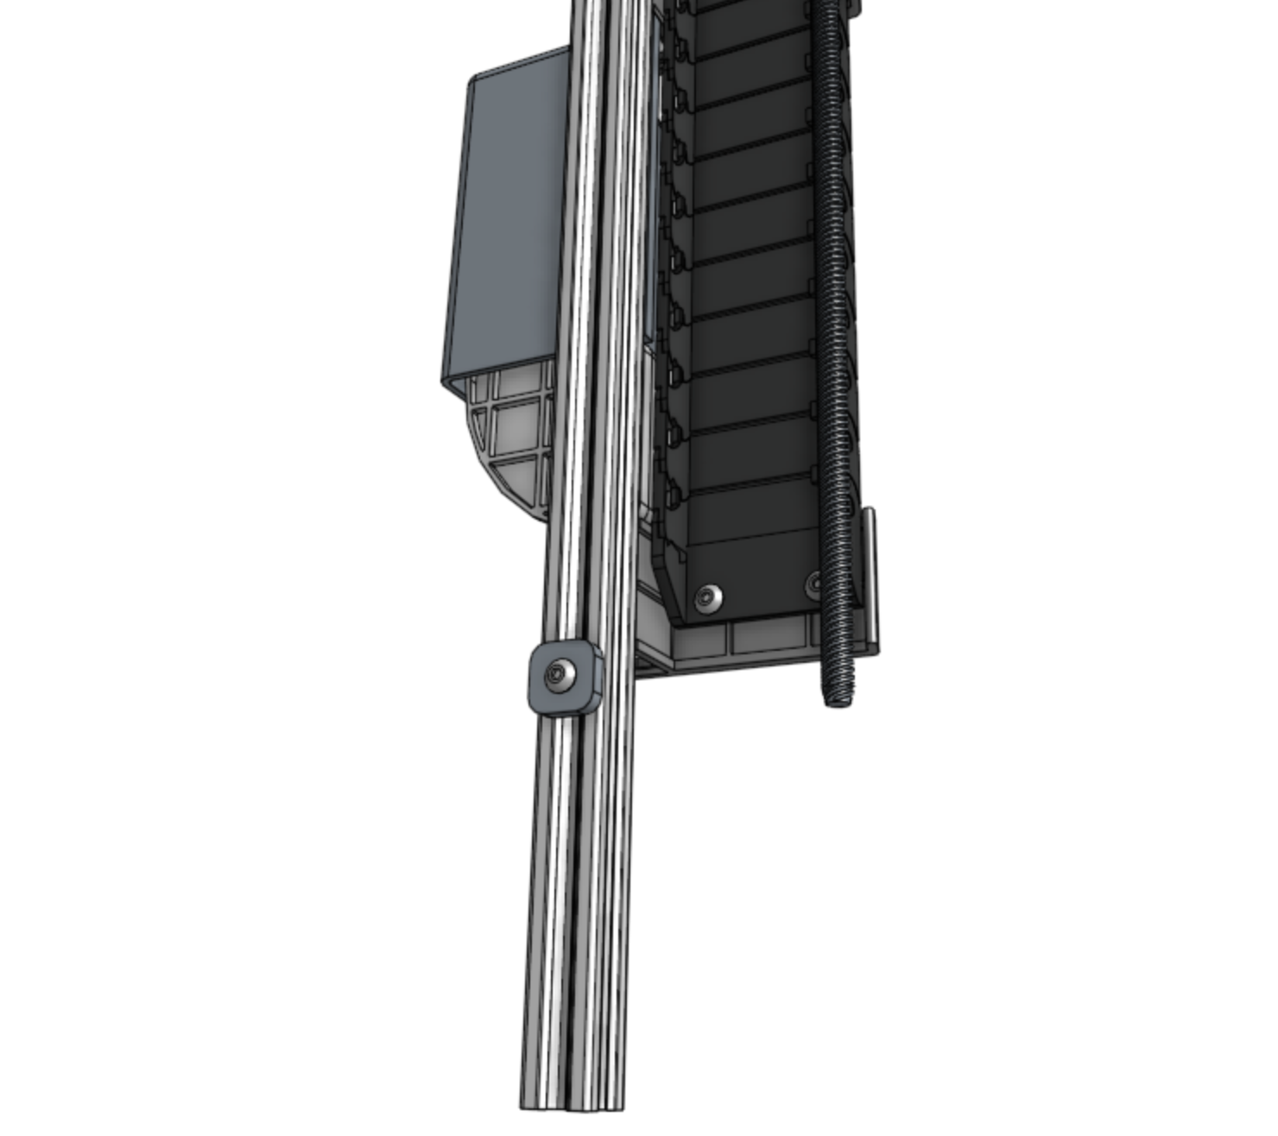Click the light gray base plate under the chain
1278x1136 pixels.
coord(734,643)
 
